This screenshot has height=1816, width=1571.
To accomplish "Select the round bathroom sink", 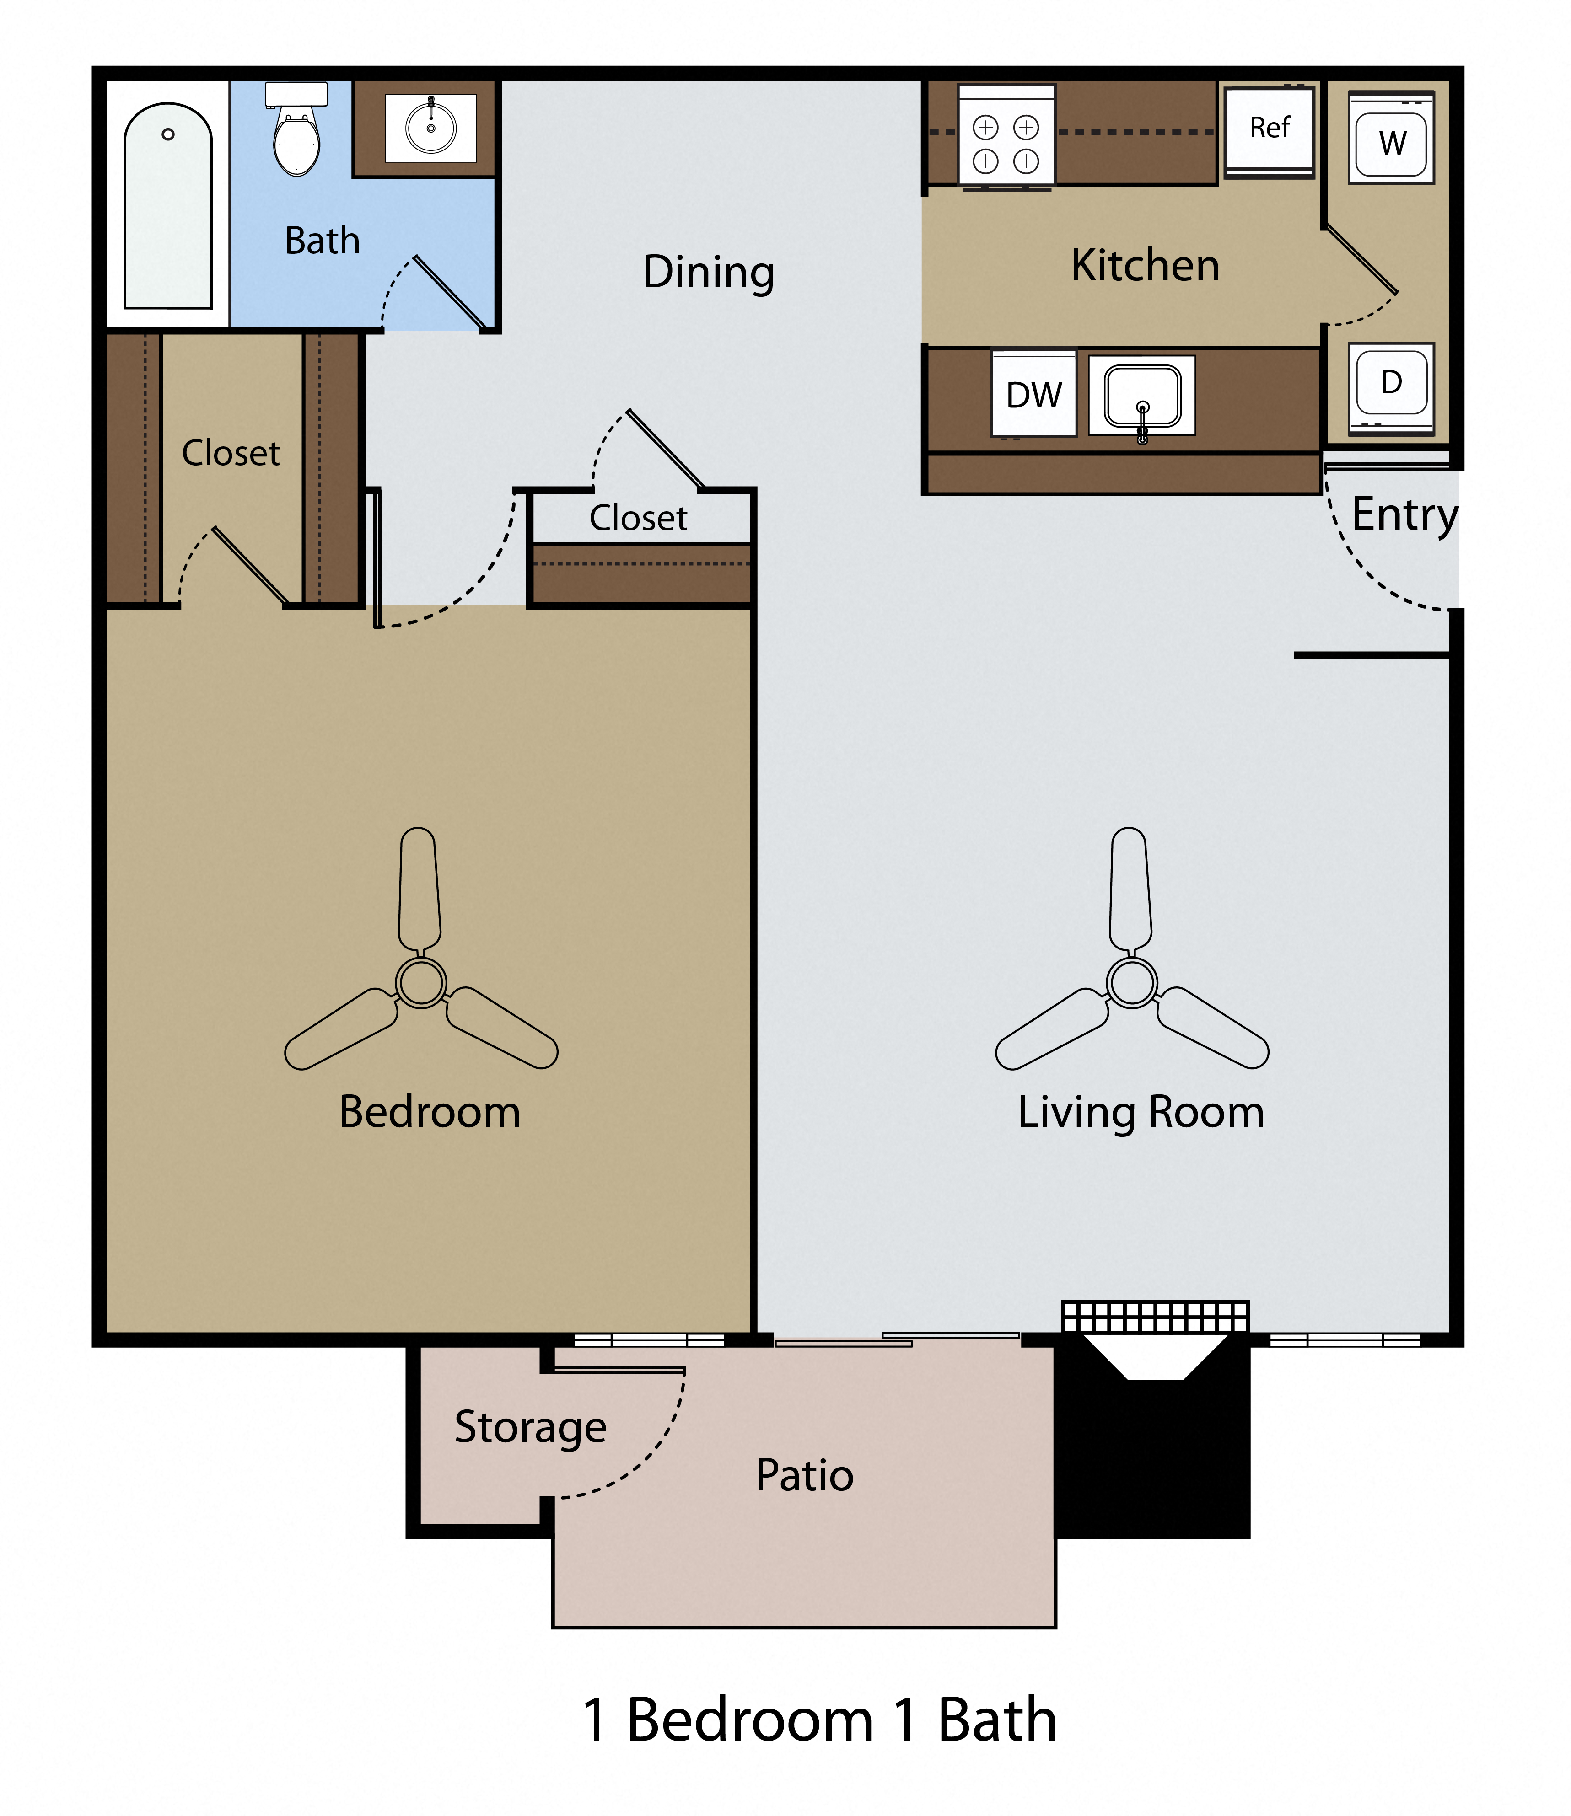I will tap(430, 128).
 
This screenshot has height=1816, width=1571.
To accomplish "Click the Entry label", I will tap(1404, 514).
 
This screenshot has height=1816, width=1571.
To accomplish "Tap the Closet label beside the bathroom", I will tap(231, 453).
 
